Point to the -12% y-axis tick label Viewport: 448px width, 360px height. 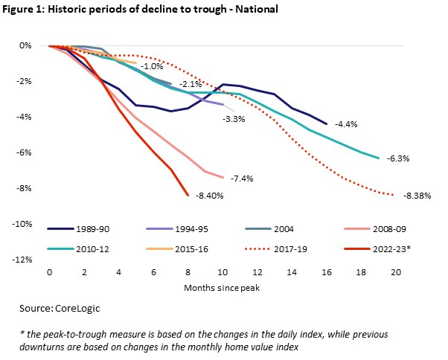pos(27,260)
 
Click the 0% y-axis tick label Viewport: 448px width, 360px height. pos(31,45)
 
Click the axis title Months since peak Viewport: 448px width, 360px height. pos(221,286)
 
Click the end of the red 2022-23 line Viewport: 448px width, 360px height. pos(188,196)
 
